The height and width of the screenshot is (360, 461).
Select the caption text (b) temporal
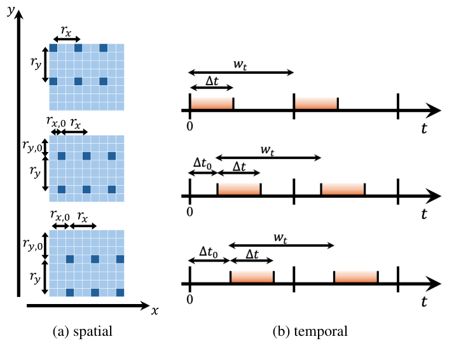(x=310, y=331)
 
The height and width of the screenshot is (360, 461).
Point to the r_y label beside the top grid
(x=36, y=63)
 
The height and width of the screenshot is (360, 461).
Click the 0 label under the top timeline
(x=189, y=127)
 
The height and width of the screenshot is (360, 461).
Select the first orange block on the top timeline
(x=212, y=104)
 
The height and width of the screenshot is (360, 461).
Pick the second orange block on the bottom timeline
(x=356, y=277)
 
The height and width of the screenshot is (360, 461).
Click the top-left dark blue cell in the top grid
(x=53, y=48)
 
